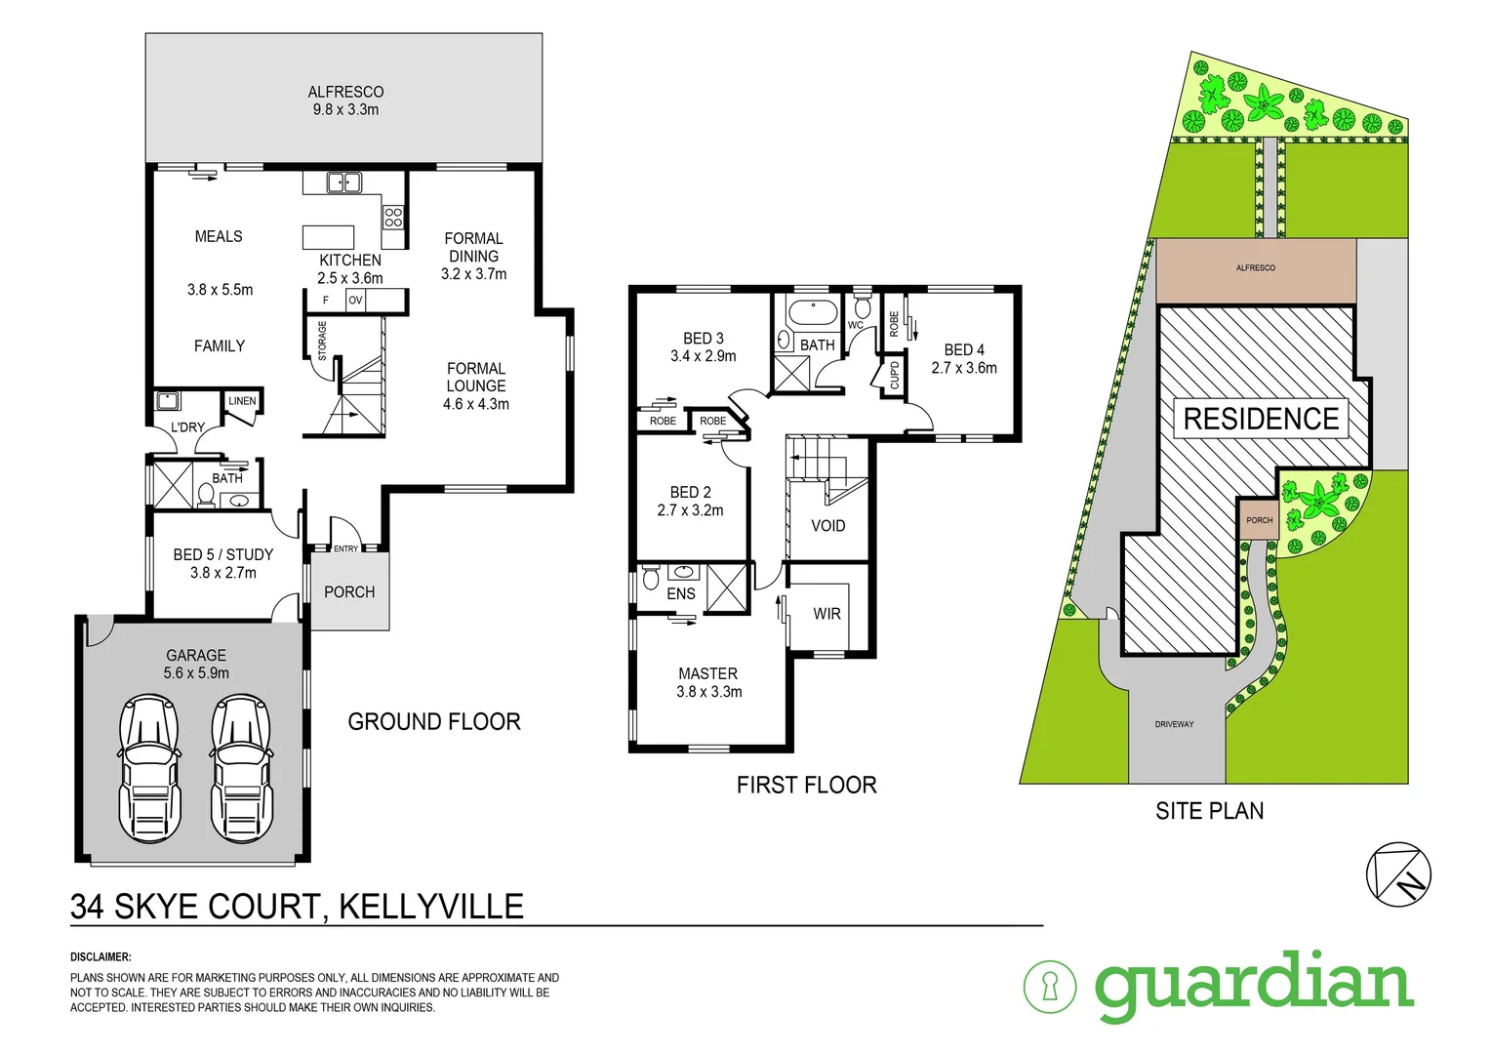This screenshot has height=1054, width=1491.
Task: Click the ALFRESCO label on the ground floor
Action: coord(345,92)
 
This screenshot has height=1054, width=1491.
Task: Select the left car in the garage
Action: coord(149,768)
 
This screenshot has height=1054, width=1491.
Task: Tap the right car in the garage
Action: coord(242,768)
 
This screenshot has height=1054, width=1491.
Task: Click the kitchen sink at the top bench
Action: coord(343,182)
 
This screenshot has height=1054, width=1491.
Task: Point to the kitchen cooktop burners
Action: coord(393,217)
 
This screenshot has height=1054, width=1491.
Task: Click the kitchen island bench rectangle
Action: coord(328,237)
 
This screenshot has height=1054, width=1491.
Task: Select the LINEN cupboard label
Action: coord(242,401)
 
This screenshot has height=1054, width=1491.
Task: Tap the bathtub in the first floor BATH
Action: coord(812,314)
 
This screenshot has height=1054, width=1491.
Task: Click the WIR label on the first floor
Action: coord(826,614)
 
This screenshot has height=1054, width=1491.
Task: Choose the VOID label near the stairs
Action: coord(827,526)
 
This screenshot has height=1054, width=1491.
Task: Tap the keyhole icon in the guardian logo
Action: coord(1050,986)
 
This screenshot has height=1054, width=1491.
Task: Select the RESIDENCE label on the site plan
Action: coord(1261,419)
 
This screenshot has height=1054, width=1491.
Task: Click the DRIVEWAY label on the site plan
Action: coord(1174,724)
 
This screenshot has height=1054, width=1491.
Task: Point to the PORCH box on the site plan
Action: coord(1259,520)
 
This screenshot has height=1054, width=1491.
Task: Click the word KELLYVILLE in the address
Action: coord(430,907)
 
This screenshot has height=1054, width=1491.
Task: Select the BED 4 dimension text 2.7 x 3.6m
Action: coord(964,368)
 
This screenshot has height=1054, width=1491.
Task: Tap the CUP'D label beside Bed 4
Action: coord(894,375)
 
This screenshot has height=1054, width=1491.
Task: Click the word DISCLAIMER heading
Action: coord(101,957)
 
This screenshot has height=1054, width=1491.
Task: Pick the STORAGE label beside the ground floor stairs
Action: coord(322,341)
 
